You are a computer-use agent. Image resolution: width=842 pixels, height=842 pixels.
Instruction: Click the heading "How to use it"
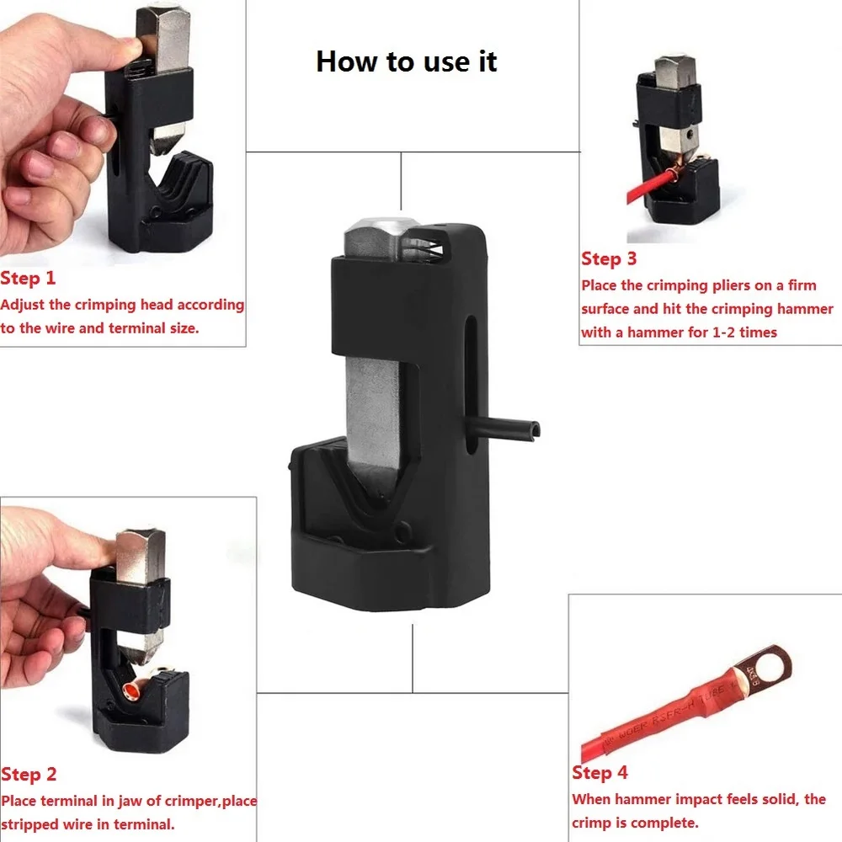coord(407,61)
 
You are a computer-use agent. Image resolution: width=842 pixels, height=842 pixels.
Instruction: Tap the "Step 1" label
coord(28,278)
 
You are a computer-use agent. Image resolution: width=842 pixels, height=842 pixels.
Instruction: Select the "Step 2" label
coord(29,775)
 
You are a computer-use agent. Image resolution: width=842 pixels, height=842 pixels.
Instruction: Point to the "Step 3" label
coord(609,258)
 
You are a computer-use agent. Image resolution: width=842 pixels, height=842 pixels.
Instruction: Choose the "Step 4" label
coord(600,773)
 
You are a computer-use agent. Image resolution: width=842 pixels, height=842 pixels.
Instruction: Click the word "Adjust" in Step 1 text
coord(23,305)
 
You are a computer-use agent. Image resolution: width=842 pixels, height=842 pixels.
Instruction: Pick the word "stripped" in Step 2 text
coord(29,825)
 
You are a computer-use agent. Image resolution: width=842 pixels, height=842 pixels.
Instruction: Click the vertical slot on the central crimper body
coord(471,385)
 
